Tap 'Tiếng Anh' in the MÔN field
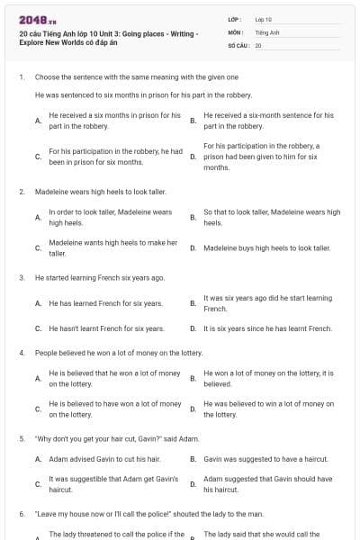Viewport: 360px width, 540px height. click(x=267, y=31)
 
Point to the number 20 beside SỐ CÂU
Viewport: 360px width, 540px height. click(x=258, y=43)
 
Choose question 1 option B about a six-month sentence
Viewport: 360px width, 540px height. click(x=268, y=121)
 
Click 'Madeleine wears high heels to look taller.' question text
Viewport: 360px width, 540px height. click(x=100, y=192)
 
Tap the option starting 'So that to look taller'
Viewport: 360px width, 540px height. click(x=272, y=216)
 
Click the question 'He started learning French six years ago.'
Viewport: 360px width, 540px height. click(x=100, y=278)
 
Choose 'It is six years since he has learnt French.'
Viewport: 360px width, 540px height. click(x=268, y=328)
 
